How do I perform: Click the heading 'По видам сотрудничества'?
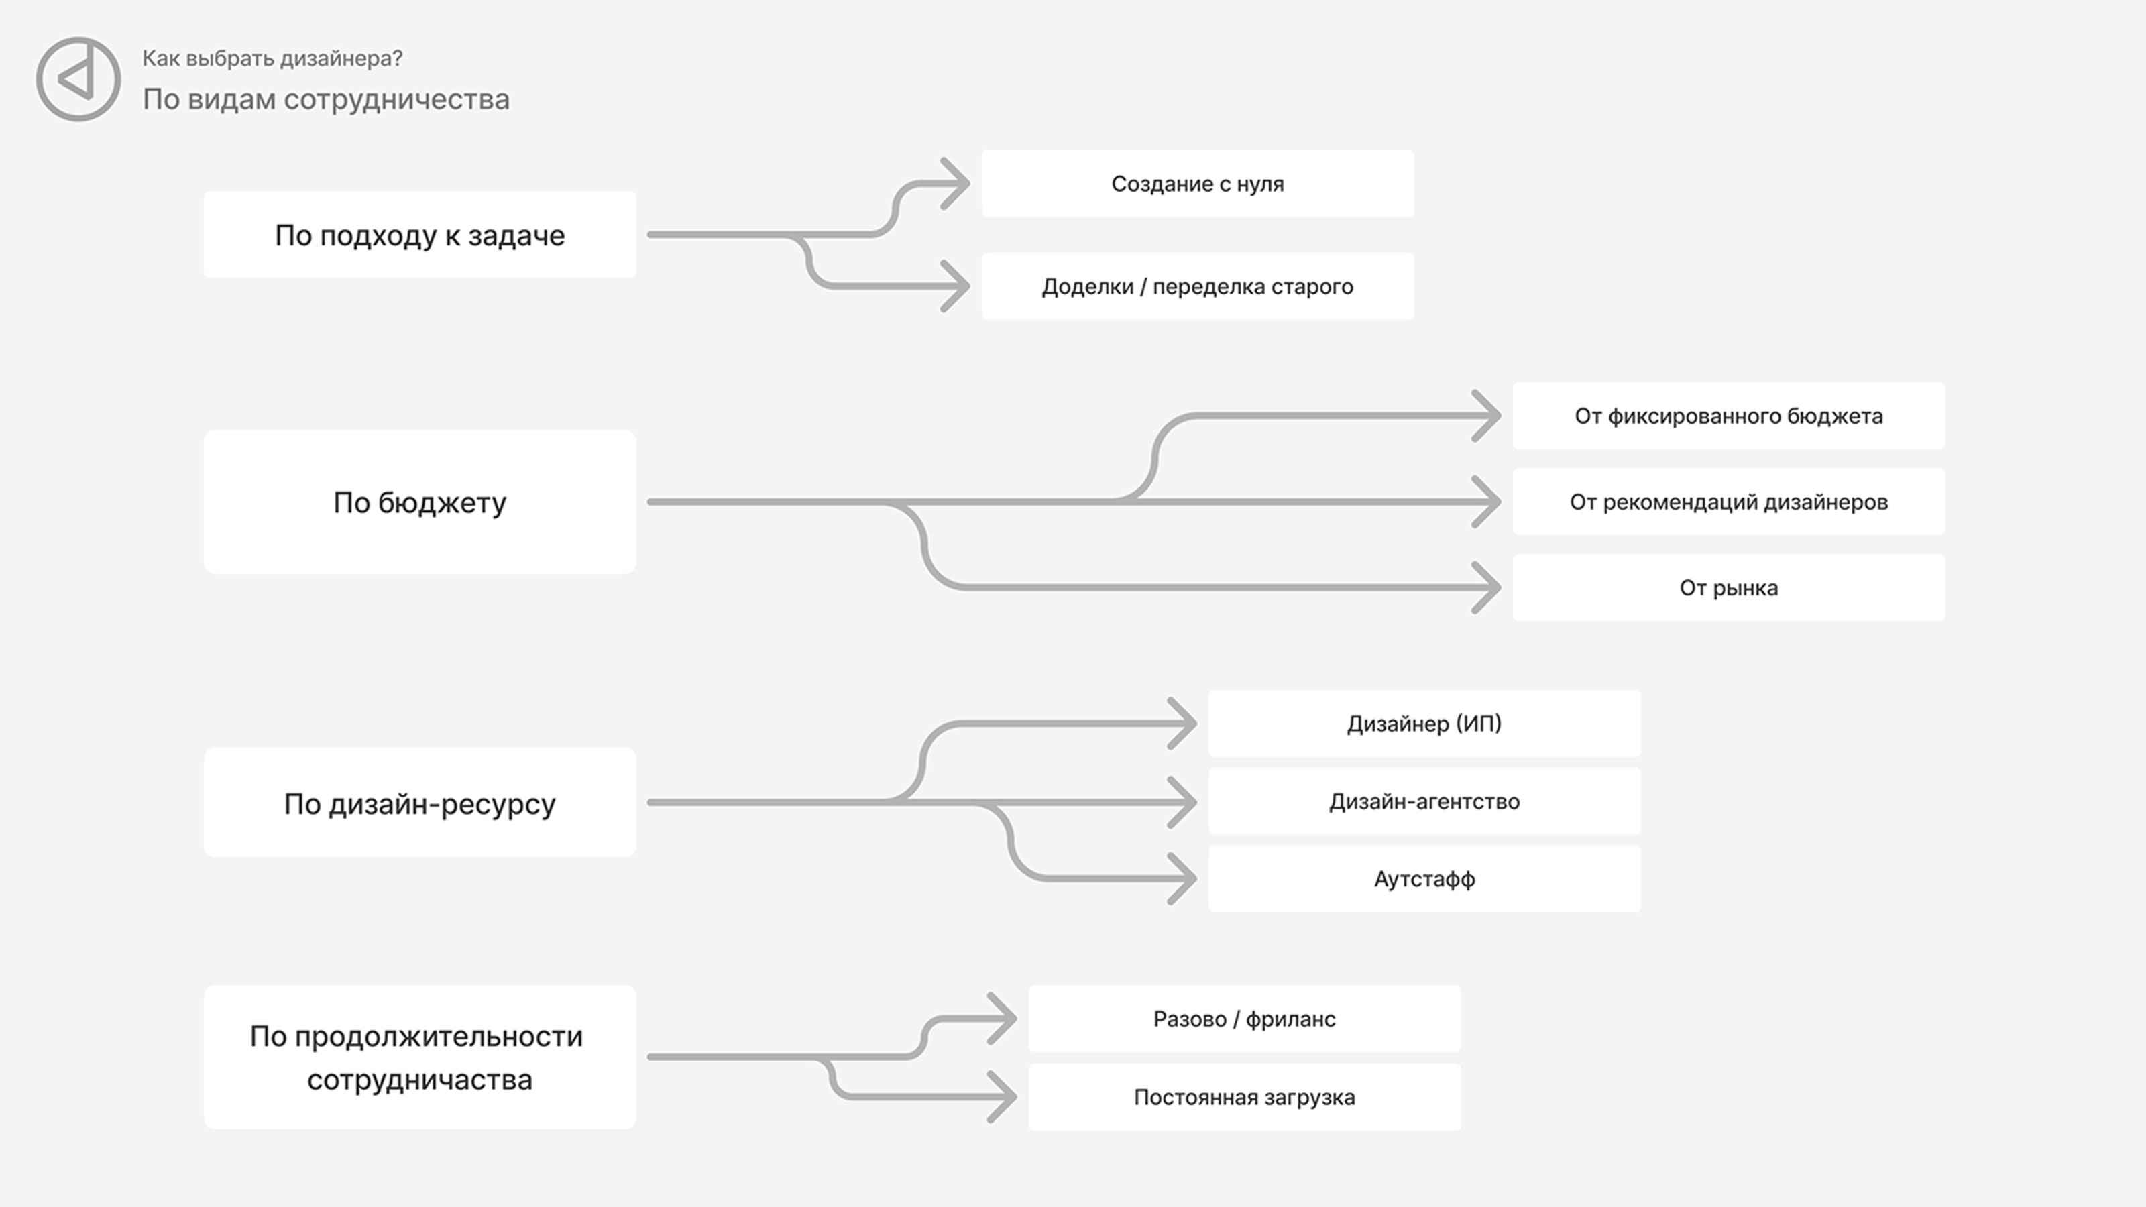pyautogui.click(x=326, y=99)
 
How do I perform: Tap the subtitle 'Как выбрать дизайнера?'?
pyautogui.click(x=272, y=58)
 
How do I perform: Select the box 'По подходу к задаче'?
pyautogui.click(x=420, y=235)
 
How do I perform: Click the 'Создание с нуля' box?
pyautogui.click(x=1198, y=183)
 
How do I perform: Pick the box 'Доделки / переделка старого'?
pyautogui.click(x=1198, y=286)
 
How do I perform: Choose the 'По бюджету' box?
pyautogui.click(x=420, y=502)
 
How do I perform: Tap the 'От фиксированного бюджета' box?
pyautogui.click(x=1729, y=416)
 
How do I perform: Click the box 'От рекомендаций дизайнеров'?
pyautogui.click(x=1729, y=502)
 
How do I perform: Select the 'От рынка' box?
pyautogui.click(x=1729, y=587)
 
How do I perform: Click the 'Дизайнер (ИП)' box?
pyautogui.click(x=1424, y=723)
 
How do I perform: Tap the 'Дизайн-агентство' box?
pyautogui.click(x=1424, y=801)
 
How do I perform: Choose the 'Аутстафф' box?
pyautogui.click(x=1424, y=879)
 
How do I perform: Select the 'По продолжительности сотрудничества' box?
pyautogui.click(x=420, y=1057)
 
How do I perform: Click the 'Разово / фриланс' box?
pyautogui.click(x=1245, y=1019)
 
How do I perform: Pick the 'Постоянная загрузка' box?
pyautogui.click(x=1245, y=1097)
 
